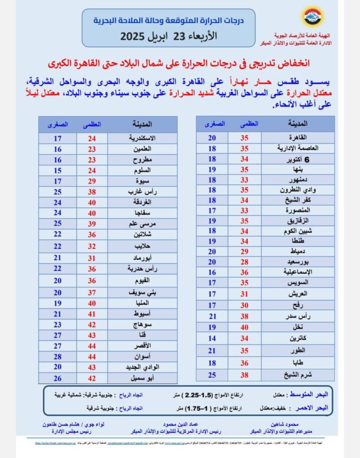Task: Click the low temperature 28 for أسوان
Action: pyautogui.click(x=57, y=356)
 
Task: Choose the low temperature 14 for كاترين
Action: pyautogui.click(x=212, y=338)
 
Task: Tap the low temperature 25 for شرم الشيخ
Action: pyautogui.click(x=212, y=374)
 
